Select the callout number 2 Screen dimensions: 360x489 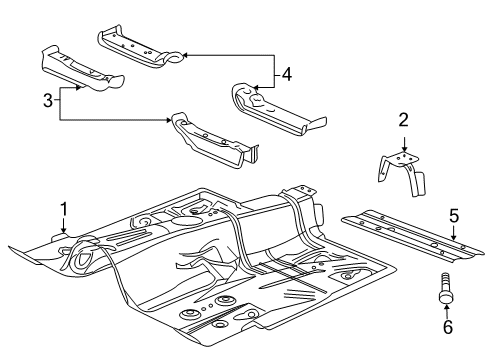(x=402, y=121)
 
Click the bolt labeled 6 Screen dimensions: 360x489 (x=446, y=287)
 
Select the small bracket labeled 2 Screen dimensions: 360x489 (x=402, y=170)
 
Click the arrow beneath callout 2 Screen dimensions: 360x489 (x=402, y=141)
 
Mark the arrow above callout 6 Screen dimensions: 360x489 (x=446, y=305)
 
